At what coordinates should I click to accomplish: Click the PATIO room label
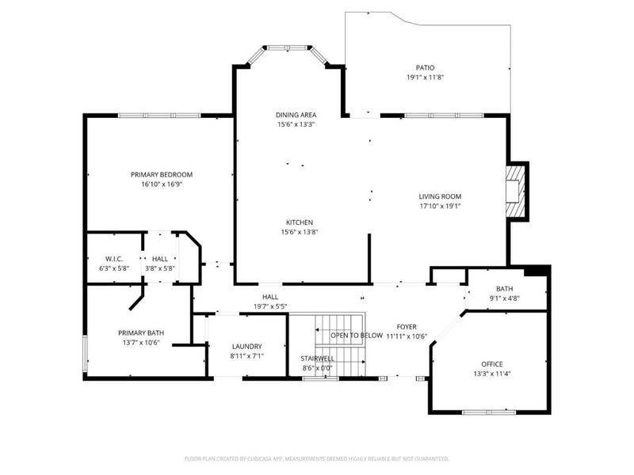tap(426, 68)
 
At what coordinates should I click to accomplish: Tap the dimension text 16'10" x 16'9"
tap(162, 184)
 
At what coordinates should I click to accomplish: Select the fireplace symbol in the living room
tap(517, 191)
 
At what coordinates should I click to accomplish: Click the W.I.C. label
tap(112, 259)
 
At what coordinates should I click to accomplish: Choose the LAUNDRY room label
tap(246, 347)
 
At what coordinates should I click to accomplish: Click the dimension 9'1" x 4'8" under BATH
tap(505, 298)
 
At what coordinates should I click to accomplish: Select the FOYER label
tap(407, 326)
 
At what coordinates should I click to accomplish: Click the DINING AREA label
tap(296, 115)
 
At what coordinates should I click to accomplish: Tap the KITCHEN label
tap(300, 222)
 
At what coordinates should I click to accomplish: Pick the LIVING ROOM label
tap(440, 196)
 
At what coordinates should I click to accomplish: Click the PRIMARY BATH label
tap(139, 332)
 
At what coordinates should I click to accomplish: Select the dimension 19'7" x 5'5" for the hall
tap(270, 306)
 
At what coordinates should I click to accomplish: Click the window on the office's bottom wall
tap(489, 412)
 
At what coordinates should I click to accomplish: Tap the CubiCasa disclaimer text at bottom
tap(317, 458)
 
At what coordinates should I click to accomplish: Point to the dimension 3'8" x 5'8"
tap(159, 268)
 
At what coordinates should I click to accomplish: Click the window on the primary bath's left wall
tap(84, 352)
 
